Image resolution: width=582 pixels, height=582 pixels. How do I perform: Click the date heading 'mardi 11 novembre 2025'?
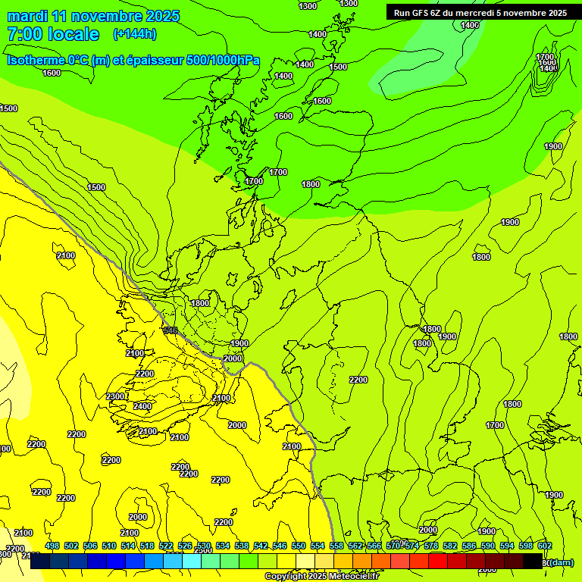[x=93, y=16]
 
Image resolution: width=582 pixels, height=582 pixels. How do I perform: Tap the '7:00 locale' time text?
[x=53, y=34]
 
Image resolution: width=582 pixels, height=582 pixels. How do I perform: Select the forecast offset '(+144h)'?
[x=135, y=34]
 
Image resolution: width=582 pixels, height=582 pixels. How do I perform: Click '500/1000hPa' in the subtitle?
[x=221, y=60]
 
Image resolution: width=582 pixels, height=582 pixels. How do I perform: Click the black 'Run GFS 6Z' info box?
[x=480, y=13]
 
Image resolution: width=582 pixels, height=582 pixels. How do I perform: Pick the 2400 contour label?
[x=142, y=406]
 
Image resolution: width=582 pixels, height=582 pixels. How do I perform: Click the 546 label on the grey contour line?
[x=171, y=330]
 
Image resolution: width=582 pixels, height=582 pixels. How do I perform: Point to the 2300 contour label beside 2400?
[x=115, y=396]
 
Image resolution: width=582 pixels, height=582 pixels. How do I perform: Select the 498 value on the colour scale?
[x=52, y=546]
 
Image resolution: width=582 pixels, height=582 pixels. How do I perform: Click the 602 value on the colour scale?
[x=544, y=546]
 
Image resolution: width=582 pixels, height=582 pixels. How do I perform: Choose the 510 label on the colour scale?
[x=109, y=546]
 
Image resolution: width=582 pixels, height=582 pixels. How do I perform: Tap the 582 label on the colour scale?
[x=449, y=546]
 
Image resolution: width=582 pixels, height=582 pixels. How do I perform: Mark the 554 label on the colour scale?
[x=318, y=546]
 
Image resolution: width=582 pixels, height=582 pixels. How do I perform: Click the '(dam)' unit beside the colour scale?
[x=561, y=562]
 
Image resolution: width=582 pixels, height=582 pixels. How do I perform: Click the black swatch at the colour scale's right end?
[x=533, y=562]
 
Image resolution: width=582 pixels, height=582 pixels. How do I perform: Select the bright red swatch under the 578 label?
[x=438, y=562]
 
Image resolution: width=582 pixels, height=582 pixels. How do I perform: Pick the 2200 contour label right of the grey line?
[x=358, y=380]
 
